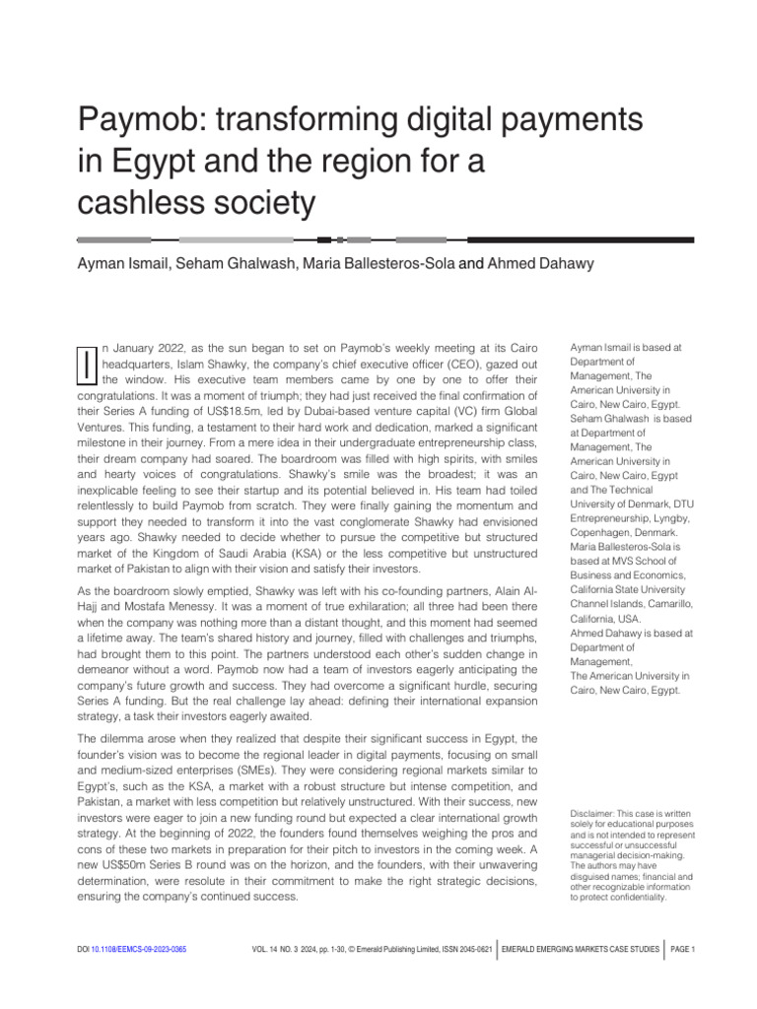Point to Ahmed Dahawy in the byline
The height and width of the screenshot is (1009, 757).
[537, 264]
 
